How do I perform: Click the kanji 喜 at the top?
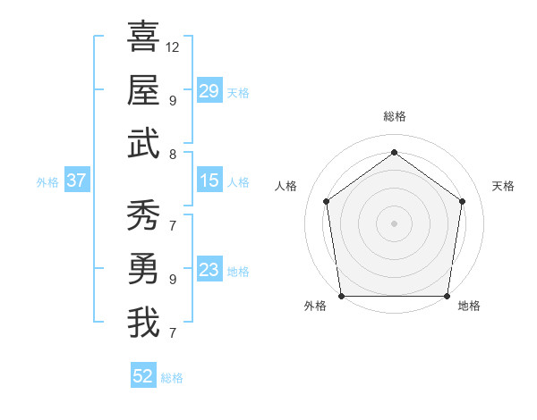pos(143,38)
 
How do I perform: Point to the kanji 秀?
pos(143,215)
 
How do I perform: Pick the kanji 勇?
pos(143,269)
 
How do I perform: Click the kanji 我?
pos(143,323)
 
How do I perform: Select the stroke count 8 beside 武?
pos(172,154)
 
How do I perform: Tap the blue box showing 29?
pos(209,91)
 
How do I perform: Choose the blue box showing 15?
pos(209,181)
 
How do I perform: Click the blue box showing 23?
pos(209,270)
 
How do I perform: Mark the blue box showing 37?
pos(77,181)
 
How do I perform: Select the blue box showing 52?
pos(143,376)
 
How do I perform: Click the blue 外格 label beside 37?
pos(47,181)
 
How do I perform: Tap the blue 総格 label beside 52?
pos(172,378)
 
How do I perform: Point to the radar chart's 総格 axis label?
pos(394,116)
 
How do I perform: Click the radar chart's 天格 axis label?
pos(503,186)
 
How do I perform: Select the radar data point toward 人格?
pos(326,201)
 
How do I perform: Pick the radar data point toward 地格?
pos(447,296)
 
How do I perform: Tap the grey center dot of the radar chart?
pos(394,223)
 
